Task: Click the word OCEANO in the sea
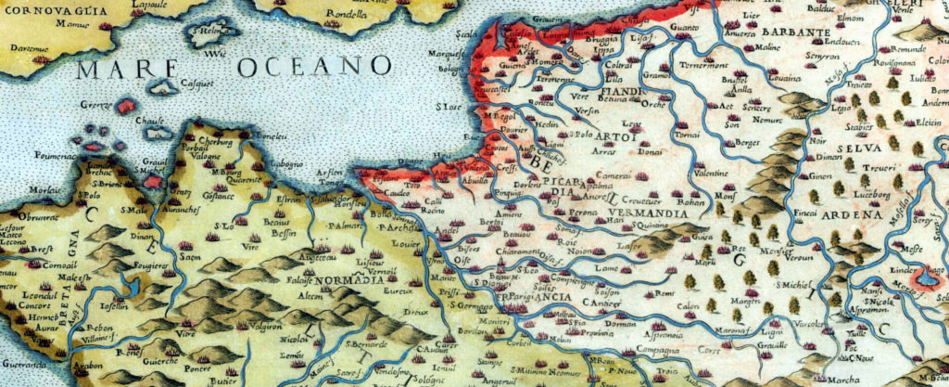[314, 66]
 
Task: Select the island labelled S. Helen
[212, 34]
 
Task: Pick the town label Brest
[41, 250]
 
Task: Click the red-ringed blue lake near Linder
[924, 277]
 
